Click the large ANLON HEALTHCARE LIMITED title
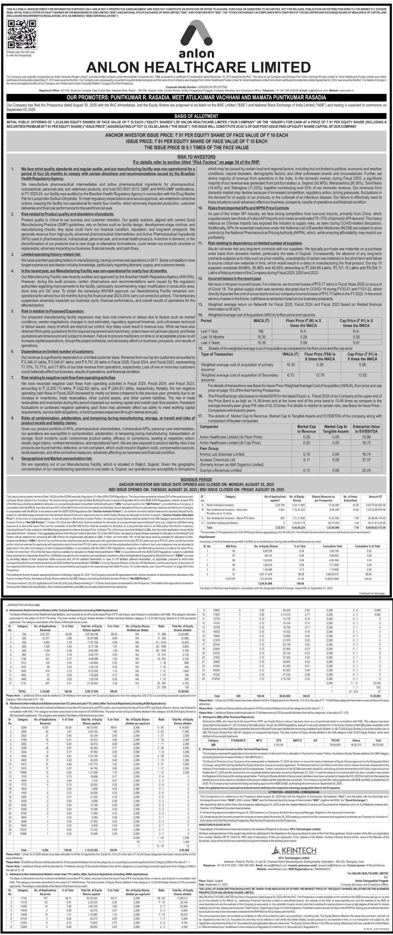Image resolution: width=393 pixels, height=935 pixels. pos(198,67)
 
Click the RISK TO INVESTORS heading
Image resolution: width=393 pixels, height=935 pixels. pos(196,157)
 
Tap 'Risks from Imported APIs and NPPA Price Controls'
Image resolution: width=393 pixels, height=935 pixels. pos(248,208)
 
